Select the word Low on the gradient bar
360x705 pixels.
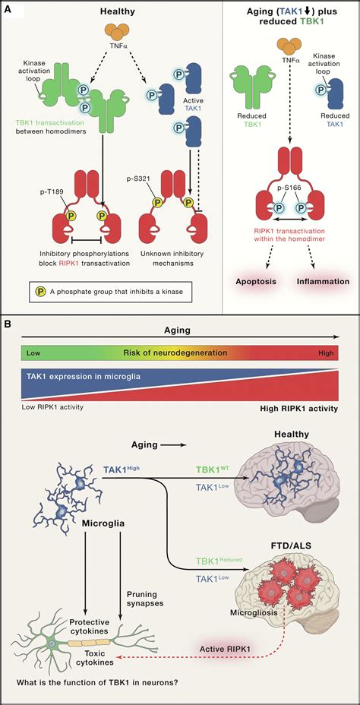pos(33,353)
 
